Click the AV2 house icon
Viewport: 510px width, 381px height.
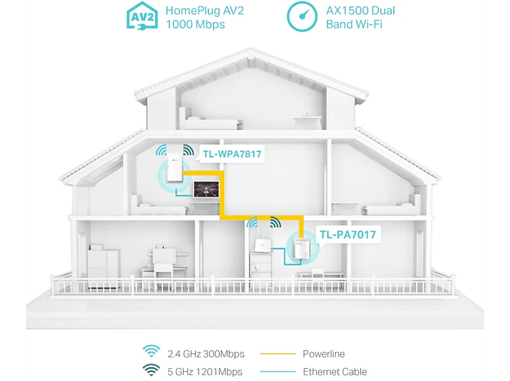point(142,16)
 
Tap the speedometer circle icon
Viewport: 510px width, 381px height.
point(302,17)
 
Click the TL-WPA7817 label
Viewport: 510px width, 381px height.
point(232,154)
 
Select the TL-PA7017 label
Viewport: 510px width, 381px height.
point(348,234)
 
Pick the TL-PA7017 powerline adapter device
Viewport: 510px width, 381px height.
point(301,249)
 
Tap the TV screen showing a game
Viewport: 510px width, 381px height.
point(206,190)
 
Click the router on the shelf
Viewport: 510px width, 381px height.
point(261,243)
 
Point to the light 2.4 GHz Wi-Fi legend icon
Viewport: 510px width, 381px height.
point(151,351)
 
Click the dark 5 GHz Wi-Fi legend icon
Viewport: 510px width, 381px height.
point(151,370)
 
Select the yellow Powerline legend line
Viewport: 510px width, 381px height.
point(278,354)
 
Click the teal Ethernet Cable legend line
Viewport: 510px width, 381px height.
point(278,371)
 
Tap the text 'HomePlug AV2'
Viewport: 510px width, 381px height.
point(204,11)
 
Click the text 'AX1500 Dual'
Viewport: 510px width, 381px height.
point(360,11)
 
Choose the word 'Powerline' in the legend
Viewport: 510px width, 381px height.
point(324,354)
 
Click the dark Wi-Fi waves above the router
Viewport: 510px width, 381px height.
point(276,222)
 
